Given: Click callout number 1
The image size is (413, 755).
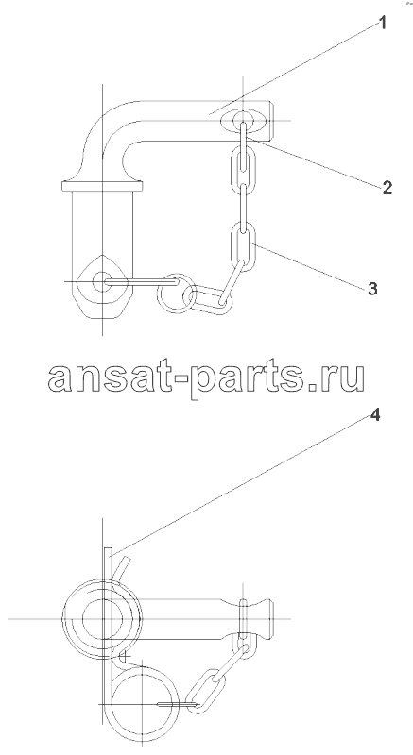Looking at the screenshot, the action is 383,23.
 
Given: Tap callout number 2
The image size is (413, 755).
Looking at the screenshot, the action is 387,187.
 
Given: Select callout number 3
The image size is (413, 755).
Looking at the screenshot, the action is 372,289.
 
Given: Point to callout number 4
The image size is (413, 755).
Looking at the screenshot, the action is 375,415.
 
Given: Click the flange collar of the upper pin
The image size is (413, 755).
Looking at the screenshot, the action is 103,185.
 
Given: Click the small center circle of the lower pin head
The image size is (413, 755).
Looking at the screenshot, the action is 102,618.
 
